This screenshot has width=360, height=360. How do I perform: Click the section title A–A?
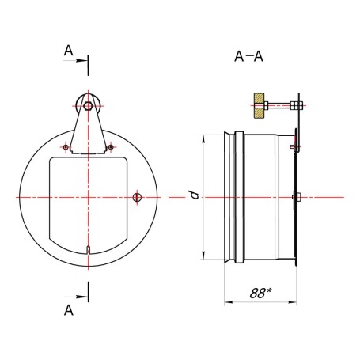click(x=248, y=56)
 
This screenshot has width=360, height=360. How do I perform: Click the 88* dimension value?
click(x=260, y=293)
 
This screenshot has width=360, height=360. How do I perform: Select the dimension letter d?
click(x=195, y=195)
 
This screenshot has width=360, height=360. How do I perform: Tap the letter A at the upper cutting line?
click(x=69, y=51)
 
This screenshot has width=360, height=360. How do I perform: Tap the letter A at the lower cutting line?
click(x=69, y=310)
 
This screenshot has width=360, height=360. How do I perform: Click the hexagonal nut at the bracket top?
click(x=88, y=106)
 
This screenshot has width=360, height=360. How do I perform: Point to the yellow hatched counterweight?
click(x=259, y=105)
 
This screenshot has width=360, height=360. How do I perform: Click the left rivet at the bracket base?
click(x=66, y=147)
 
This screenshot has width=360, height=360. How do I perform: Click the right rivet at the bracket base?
click(x=111, y=147)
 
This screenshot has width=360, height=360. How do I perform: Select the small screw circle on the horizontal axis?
click(x=137, y=197)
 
